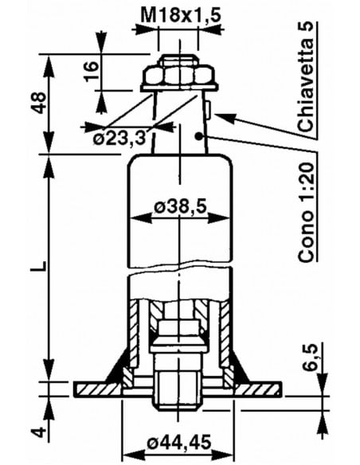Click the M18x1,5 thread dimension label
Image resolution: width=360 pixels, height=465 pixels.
181,16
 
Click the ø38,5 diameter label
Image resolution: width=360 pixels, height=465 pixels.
181,206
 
